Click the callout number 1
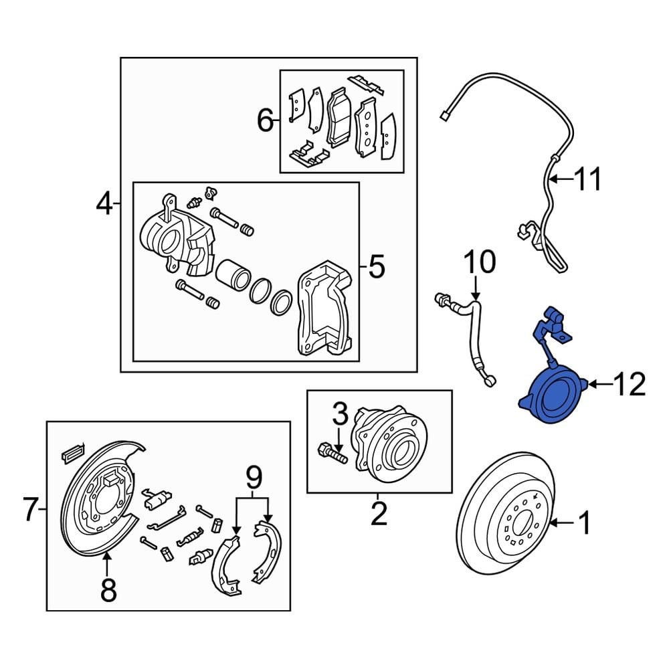584,522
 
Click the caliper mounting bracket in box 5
323,308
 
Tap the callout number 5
376,268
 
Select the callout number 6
266,121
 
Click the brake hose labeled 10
476,341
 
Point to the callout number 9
252,478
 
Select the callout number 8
108,590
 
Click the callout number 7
31,510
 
